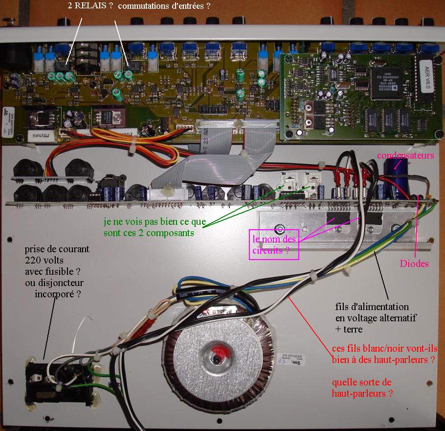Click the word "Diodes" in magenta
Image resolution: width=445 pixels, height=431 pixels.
(413, 263)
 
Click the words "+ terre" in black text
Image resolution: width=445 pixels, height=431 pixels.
(349, 330)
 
